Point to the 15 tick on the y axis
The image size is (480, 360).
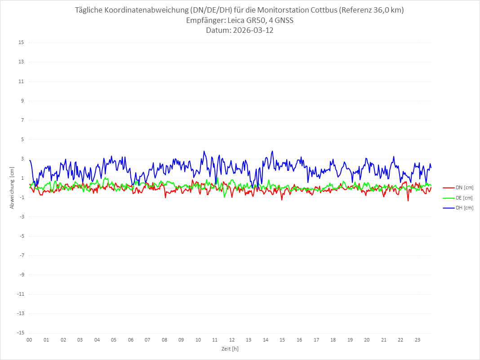pyautogui.click(x=21, y=43)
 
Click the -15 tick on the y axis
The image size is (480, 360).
pyautogui.click(x=20, y=333)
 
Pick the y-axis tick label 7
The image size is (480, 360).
pyautogui.click(x=22, y=120)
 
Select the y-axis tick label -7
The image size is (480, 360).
pyautogui.click(x=21, y=256)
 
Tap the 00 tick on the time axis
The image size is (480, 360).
pyautogui.click(x=29, y=340)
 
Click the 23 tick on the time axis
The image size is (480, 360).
pyautogui.click(x=418, y=340)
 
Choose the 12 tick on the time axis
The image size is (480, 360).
pyautogui.click(x=232, y=340)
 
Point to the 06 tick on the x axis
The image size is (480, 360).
pyautogui.click(x=130, y=340)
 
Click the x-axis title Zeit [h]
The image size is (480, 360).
pyautogui.click(x=230, y=349)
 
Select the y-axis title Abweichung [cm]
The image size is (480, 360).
pyautogui.click(x=12, y=187)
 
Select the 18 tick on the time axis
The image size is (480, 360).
pyautogui.click(x=333, y=340)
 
